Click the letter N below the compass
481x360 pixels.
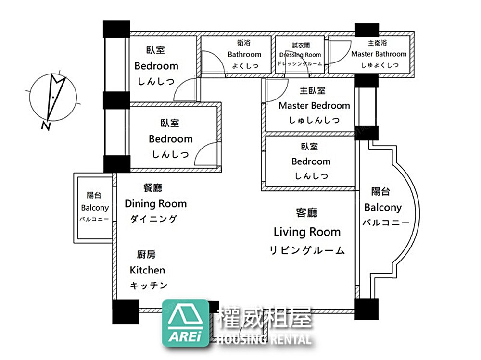coord(46,126)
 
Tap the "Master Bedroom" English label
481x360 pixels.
coord(314,106)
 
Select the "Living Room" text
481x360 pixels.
coord(307,232)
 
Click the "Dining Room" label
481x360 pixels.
coord(155,204)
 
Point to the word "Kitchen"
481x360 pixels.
coord(147,270)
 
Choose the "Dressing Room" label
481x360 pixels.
coord(300,55)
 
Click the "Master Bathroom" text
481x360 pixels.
coord(379,54)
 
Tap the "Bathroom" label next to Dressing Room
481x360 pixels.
coord(244,55)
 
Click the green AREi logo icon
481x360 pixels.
coord(185,323)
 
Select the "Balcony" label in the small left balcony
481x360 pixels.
coord(95,208)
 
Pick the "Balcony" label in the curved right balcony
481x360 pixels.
coord(383,208)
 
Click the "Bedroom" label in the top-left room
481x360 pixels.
coord(156,66)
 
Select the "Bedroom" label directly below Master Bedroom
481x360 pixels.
coord(311,161)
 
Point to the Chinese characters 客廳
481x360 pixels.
coord(307,212)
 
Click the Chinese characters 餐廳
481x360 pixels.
coord(152,187)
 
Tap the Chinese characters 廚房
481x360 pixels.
coord(146,254)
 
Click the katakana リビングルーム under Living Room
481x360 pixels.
coord(307,250)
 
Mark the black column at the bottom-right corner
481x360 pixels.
coord(367,310)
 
